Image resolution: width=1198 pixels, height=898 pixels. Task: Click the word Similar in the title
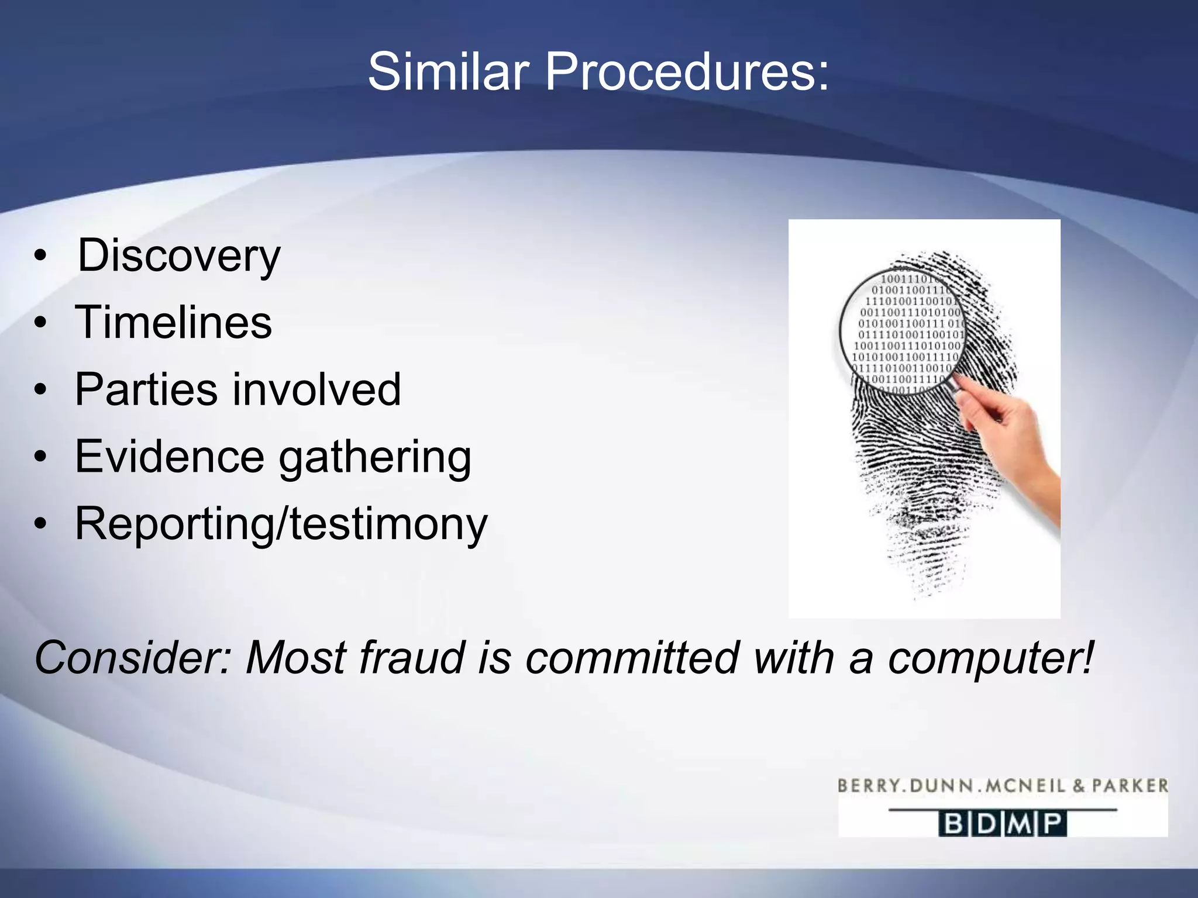point(448,72)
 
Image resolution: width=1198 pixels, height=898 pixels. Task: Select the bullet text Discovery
point(179,255)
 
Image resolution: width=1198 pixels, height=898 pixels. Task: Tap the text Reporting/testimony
point(281,524)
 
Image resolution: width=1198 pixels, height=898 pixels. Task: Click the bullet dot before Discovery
point(40,256)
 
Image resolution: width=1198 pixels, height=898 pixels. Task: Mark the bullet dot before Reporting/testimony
point(40,524)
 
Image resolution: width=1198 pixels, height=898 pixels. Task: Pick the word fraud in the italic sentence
point(410,658)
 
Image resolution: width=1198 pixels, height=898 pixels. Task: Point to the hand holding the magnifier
point(1012,444)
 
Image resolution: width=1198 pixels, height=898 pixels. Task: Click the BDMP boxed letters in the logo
point(1003,824)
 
